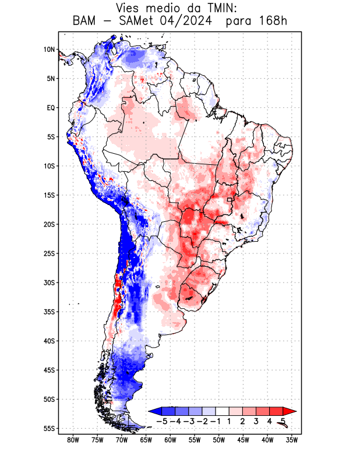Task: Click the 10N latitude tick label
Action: click(x=49, y=50)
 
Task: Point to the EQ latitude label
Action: click(x=50, y=108)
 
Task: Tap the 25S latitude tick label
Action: click(x=49, y=253)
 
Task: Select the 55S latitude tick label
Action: click(x=49, y=428)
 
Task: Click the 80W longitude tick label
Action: click(x=73, y=440)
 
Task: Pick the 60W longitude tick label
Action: click(x=170, y=440)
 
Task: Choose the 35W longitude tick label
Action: click(x=292, y=440)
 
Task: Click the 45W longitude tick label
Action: click(x=243, y=440)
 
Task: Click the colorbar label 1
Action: click(x=230, y=421)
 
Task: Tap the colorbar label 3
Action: click(x=256, y=421)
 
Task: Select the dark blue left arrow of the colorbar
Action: click(x=154, y=411)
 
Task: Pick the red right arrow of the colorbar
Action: click(x=290, y=411)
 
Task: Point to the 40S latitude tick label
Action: click(x=49, y=341)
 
